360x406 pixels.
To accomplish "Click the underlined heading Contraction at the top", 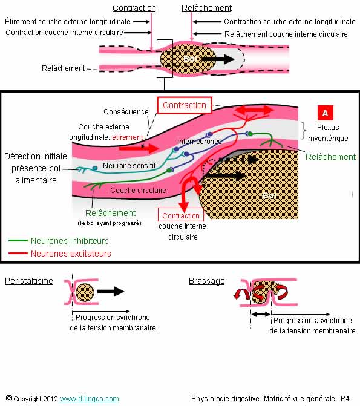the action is click(134, 8).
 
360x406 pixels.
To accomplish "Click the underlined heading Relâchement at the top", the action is click(206, 8).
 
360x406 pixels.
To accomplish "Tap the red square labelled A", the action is click(325, 113).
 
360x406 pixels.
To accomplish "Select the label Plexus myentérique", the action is click(328, 133).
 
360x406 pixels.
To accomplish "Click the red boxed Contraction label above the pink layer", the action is click(185, 105).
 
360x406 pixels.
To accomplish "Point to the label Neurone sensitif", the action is click(129, 165).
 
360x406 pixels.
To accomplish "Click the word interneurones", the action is click(200, 142).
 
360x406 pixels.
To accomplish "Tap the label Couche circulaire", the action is click(138, 191).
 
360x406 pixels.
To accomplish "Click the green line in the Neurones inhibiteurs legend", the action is click(18, 241).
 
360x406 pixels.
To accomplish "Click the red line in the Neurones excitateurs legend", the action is click(18, 253).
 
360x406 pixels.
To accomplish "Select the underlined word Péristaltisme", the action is click(29, 281).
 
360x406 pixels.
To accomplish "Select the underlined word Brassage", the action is click(207, 281).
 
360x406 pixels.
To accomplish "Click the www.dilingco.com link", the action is click(90, 399).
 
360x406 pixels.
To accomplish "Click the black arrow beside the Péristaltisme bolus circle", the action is click(111, 291).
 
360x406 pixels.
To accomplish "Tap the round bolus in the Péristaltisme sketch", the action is click(85, 292).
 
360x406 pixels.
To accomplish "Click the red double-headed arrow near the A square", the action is click(254, 110).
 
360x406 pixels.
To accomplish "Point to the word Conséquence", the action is click(126, 111).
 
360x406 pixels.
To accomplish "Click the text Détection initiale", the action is click(36, 156).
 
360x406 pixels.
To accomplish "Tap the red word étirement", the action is click(128, 137).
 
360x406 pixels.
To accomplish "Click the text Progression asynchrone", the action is click(313, 321).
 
